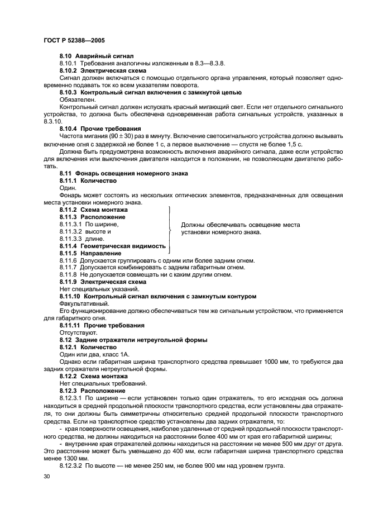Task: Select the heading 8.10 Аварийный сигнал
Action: click(91, 57)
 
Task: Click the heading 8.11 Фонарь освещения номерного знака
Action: click(123, 174)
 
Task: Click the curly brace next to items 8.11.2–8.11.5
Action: click(169, 229)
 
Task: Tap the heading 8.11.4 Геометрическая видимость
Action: click(112, 246)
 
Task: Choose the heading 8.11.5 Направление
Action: click(90, 253)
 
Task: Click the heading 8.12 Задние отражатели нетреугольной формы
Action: click(133, 340)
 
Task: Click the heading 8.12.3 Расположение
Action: click(92, 391)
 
